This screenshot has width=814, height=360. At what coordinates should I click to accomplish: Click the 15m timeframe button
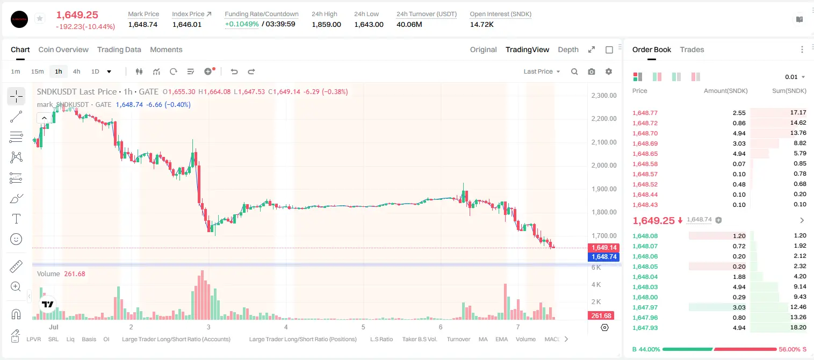click(37, 71)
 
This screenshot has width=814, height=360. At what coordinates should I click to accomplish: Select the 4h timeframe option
click(76, 71)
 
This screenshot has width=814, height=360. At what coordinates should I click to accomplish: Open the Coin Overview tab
click(63, 49)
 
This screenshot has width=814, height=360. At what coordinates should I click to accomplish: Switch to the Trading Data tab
click(119, 49)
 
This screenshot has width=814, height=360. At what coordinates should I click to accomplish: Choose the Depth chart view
click(568, 49)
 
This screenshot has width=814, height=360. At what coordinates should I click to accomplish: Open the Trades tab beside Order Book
click(692, 49)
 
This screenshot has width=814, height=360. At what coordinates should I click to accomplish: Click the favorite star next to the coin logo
click(40, 18)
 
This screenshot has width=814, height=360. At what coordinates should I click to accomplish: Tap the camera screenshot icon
click(592, 71)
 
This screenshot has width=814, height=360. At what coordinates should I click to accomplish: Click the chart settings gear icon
click(609, 71)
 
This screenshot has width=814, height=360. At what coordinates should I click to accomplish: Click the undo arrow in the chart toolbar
click(234, 71)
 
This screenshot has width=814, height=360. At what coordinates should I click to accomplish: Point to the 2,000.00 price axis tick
click(604, 165)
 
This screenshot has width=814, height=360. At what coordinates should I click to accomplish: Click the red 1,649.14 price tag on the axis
click(603, 247)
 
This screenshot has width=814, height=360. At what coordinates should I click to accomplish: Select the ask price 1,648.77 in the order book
click(645, 113)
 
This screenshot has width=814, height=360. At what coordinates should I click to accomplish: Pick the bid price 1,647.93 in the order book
click(645, 328)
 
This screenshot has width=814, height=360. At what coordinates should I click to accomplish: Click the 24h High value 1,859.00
click(326, 24)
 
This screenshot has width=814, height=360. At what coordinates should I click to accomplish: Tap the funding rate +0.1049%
click(242, 24)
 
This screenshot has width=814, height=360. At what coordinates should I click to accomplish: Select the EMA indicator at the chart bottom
click(501, 339)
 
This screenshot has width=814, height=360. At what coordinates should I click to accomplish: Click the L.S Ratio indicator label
click(381, 339)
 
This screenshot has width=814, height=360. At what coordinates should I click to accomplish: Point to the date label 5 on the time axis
click(363, 327)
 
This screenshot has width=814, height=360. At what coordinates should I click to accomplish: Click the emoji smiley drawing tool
click(16, 239)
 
